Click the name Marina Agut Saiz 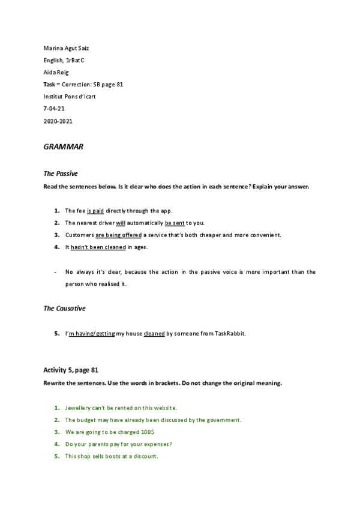pos(67,47)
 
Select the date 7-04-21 pos(55,109)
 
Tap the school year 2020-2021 pos(58,121)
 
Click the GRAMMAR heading pos(63,146)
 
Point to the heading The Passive pos(61,173)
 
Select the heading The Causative pos(64,308)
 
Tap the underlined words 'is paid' pos(95,211)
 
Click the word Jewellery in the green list pos(79,408)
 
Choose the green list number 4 pos(56,444)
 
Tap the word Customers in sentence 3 pos(79,235)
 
